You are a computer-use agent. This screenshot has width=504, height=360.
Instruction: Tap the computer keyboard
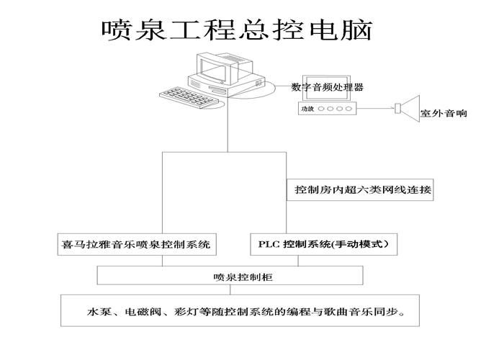[186, 95]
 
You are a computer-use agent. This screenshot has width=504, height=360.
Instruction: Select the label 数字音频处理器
[327, 87]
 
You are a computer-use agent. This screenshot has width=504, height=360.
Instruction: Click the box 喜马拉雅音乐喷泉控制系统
[137, 244]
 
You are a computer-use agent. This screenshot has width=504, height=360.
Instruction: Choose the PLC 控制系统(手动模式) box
[323, 244]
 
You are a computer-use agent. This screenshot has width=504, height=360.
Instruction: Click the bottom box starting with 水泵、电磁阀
[241, 314]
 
